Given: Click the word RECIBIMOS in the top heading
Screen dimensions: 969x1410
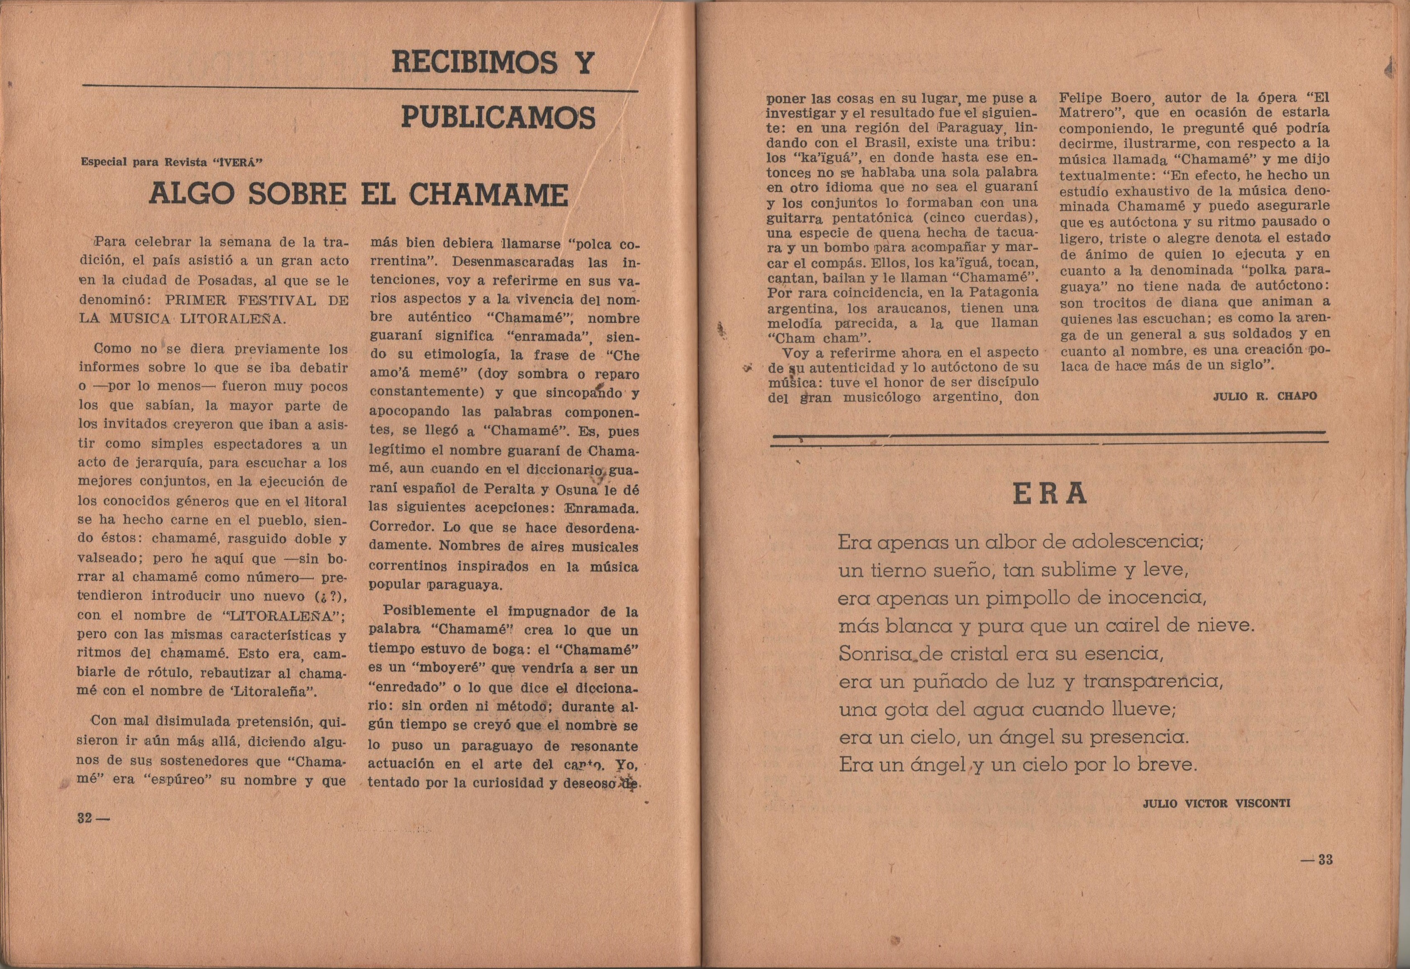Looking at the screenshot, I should click(x=475, y=63).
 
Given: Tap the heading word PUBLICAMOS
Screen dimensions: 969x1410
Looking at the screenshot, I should click(x=498, y=117).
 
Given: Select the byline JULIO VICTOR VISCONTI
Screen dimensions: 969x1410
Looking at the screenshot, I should click(x=1216, y=803).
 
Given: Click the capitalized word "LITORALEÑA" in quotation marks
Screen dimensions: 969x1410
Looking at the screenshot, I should click(x=282, y=615).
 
